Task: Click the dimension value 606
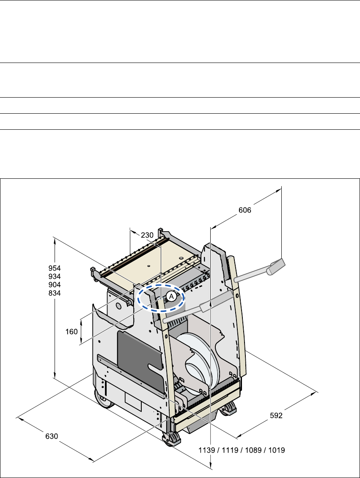[245, 210]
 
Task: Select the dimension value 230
[147, 235]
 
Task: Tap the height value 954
[55, 268]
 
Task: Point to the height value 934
[55, 276]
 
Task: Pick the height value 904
[55, 285]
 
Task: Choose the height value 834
[55, 293]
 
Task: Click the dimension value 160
[71, 332]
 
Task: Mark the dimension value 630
[52, 437]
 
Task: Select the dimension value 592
[276, 415]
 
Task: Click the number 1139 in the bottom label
[207, 450]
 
